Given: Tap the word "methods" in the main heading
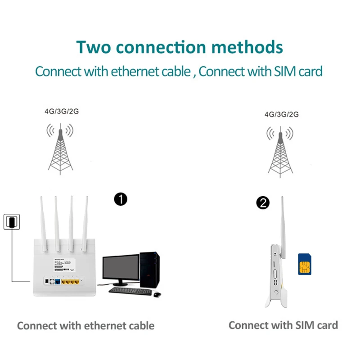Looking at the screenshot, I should (245, 47).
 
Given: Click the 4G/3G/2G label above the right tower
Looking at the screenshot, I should (281, 114).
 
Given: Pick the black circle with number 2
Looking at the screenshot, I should (262, 203).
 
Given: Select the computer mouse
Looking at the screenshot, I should (157, 294).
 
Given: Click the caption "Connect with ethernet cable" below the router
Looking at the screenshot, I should (85, 325).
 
